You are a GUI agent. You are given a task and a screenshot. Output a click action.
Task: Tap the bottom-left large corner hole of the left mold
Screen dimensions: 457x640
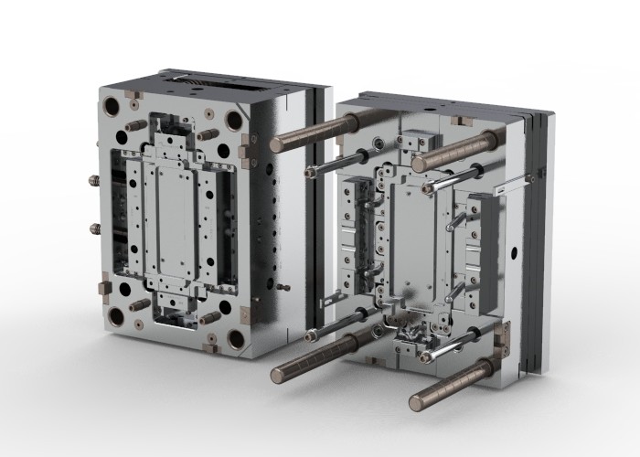point(115,316)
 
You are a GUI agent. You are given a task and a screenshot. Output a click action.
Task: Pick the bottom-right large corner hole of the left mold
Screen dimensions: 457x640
point(236,339)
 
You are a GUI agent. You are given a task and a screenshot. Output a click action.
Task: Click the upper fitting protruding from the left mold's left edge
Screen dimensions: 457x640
point(93,181)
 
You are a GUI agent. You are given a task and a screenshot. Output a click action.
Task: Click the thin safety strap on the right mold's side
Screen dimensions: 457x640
point(513,184)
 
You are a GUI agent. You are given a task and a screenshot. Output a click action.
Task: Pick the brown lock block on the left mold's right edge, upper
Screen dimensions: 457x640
point(245,146)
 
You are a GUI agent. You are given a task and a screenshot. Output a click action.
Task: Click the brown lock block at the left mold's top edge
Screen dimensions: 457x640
point(133,94)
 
